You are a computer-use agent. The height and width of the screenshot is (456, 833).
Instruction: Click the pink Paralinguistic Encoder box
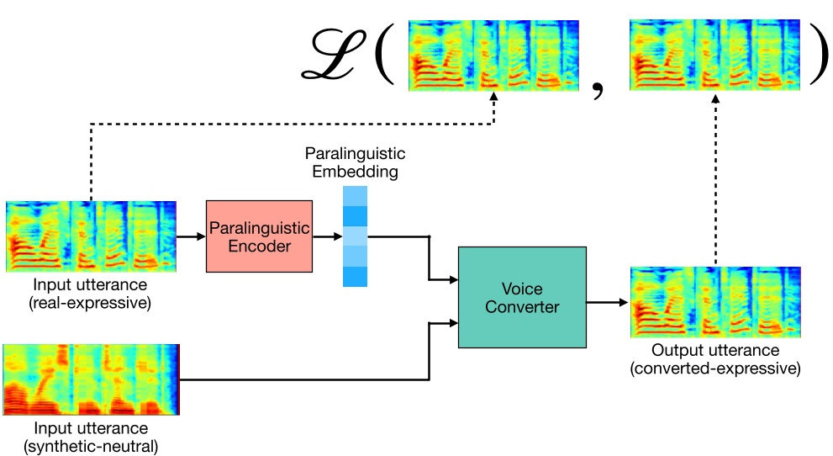coord(259,236)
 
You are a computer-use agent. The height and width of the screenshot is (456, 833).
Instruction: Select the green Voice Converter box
coord(521,297)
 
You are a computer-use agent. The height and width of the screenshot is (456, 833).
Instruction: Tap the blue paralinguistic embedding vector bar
coord(356,236)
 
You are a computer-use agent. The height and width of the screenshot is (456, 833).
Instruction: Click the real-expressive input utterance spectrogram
coord(91,236)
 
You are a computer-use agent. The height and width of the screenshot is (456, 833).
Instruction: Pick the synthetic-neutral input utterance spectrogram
coord(91,379)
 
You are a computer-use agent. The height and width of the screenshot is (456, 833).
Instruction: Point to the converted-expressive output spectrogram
coord(714,302)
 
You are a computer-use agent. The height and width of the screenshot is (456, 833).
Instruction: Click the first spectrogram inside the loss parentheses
coord(493,56)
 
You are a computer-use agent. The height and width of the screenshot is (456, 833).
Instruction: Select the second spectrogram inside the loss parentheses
coord(714,56)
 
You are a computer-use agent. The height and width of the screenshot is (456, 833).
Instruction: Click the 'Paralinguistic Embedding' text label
coord(355,163)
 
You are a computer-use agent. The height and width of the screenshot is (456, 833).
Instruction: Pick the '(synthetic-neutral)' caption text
coord(91,446)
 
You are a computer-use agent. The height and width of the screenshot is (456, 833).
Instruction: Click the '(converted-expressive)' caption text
coord(714,368)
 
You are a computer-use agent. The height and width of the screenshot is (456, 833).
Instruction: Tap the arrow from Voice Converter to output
coord(606,302)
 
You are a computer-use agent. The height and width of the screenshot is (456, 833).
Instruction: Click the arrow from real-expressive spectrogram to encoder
coord(191,236)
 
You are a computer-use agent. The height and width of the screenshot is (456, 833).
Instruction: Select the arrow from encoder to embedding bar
coord(327,236)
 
